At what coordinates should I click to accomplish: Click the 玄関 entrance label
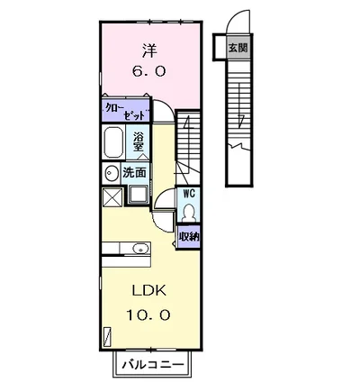[238, 48]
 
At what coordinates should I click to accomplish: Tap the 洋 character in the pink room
[149, 50]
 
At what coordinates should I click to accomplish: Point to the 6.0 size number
[149, 71]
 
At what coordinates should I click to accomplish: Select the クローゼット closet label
[126, 112]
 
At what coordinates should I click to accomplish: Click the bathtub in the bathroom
[113, 142]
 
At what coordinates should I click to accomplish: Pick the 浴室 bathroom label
[139, 142]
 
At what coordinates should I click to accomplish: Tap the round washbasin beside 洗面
[111, 173]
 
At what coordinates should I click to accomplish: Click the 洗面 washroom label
[134, 173]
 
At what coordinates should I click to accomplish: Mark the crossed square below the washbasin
[112, 197]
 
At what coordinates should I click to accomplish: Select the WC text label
[189, 194]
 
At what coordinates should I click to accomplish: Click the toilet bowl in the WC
[189, 213]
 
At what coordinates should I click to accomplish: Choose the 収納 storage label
[189, 237]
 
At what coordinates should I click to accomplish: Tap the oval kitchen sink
[140, 249]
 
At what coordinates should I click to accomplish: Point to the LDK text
[149, 291]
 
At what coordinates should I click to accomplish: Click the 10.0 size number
[148, 315]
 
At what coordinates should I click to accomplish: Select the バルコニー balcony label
[153, 365]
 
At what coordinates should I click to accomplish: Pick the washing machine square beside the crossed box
[139, 196]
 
